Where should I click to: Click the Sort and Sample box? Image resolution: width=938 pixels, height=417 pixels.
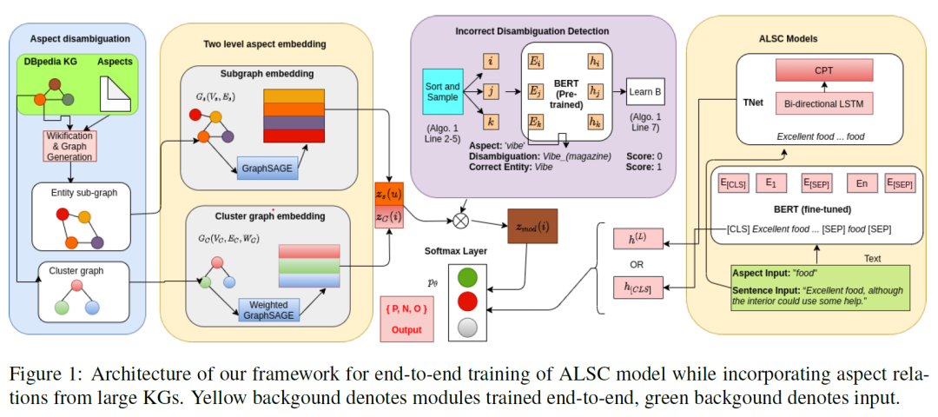(441, 92)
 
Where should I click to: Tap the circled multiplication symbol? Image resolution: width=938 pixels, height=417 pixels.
(461, 221)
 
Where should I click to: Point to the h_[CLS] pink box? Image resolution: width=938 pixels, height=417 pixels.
(636, 285)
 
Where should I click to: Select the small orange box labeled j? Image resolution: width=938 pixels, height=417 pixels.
(491, 91)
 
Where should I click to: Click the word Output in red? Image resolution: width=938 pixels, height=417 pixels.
(406, 330)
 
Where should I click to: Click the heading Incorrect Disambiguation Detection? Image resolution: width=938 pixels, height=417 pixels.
(532, 32)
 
